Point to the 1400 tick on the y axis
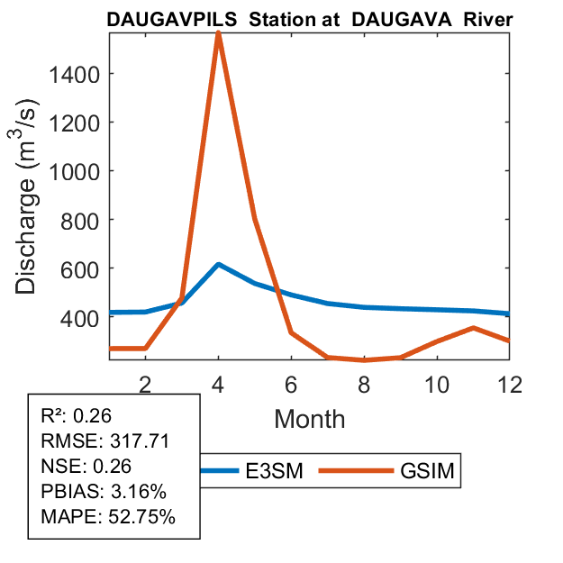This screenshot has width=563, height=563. pos(74,74)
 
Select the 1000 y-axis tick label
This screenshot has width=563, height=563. pos(74,171)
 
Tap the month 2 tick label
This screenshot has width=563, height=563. pos(145,384)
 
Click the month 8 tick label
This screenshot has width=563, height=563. pos(364,384)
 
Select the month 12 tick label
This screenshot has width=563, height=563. pos(510,384)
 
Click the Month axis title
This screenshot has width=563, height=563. pos(310,418)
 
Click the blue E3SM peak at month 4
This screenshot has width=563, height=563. pos(218,264)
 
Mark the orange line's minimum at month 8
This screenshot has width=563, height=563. pos(364,360)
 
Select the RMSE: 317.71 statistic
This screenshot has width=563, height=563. pos(105,441)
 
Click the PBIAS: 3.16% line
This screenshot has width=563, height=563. pos(105,492)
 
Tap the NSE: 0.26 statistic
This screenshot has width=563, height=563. pos(86,467)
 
